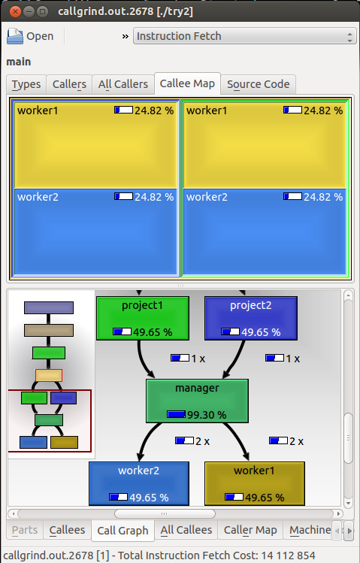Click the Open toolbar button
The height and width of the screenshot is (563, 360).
coord(31,36)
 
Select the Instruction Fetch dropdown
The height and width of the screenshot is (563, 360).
coord(244,36)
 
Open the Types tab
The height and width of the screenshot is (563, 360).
coord(26,84)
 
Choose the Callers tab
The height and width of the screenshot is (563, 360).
coord(69,84)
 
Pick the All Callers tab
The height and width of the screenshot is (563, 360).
coord(123,84)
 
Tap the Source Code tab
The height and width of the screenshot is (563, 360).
coord(258,84)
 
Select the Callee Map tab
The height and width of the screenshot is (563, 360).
coord(187,83)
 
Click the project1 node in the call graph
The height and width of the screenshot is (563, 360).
coord(143,318)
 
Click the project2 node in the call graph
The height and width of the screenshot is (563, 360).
coord(251,318)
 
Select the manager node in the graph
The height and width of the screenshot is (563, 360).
coord(197,401)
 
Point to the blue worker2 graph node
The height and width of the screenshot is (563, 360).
coord(139,483)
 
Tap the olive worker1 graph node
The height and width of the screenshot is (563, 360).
coord(255,483)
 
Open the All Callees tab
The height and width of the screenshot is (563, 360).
coord(186,530)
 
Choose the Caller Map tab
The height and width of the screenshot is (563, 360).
coord(250,530)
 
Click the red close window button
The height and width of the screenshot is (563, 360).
coord(16,12)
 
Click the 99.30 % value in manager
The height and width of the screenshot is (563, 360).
coord(207,415)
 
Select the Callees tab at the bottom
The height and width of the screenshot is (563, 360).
coord(67,530)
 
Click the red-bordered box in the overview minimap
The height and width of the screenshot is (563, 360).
coord(49,376)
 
